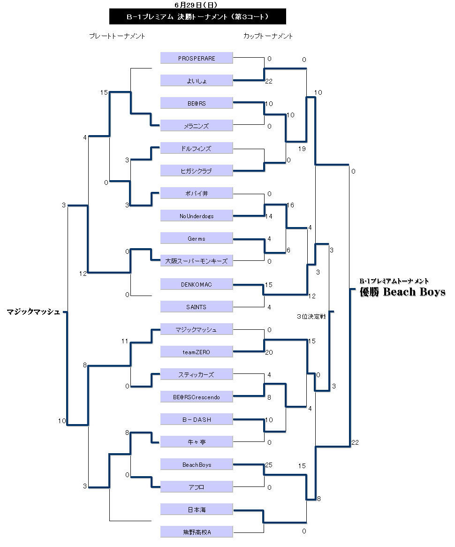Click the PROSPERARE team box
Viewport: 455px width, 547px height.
(197, 58)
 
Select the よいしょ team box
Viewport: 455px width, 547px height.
(197, 81)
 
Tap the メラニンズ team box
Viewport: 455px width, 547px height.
(197, 126)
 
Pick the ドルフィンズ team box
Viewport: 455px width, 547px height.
(197, 148)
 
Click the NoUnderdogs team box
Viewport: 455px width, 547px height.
(197, 216)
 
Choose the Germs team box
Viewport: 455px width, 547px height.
(197, 238)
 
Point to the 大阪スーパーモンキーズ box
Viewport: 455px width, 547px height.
(197, 261)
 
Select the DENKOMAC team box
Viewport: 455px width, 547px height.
(197, 284)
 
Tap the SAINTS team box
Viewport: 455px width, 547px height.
(197, 306)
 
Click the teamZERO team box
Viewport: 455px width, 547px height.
(197, 352)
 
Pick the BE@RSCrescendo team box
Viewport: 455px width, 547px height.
(197, 397)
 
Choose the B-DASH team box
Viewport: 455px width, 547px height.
(197, 419)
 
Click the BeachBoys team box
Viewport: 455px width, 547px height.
(197, 464)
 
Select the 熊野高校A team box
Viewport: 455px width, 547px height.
(197, 532)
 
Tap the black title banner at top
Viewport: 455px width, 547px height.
(197, 17)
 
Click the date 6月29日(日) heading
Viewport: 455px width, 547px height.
(195, 5)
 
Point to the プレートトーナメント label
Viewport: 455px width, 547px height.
(117, 36)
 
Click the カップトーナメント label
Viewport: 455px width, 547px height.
(268, 36)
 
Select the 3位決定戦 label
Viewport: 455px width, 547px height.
(311, 317)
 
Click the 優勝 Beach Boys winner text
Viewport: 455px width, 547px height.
(402, 292)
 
